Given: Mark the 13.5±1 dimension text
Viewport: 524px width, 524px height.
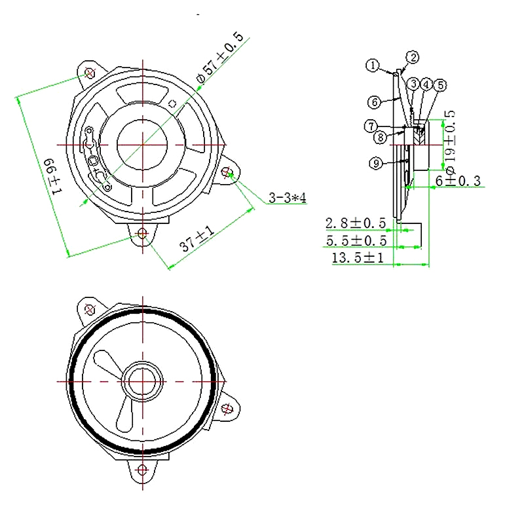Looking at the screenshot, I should [x=358, y=257].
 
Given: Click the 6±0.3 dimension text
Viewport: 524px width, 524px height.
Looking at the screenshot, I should [x=458, y=180].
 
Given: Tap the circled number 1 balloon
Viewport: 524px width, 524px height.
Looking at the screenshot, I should [x=372, y=65].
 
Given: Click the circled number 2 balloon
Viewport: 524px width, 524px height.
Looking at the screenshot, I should [x=413, y=58].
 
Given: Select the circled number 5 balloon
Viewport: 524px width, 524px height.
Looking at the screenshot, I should [x=440, y=85].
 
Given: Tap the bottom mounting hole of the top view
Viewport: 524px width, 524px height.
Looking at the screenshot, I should [x=141, y=233].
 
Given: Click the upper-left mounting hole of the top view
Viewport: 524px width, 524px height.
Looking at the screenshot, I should [x=90, y=71].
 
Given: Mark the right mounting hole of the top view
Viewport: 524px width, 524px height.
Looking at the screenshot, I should [x=227, y=172].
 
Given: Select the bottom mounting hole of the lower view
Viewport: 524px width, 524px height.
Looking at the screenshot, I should [x=142, y=469].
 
